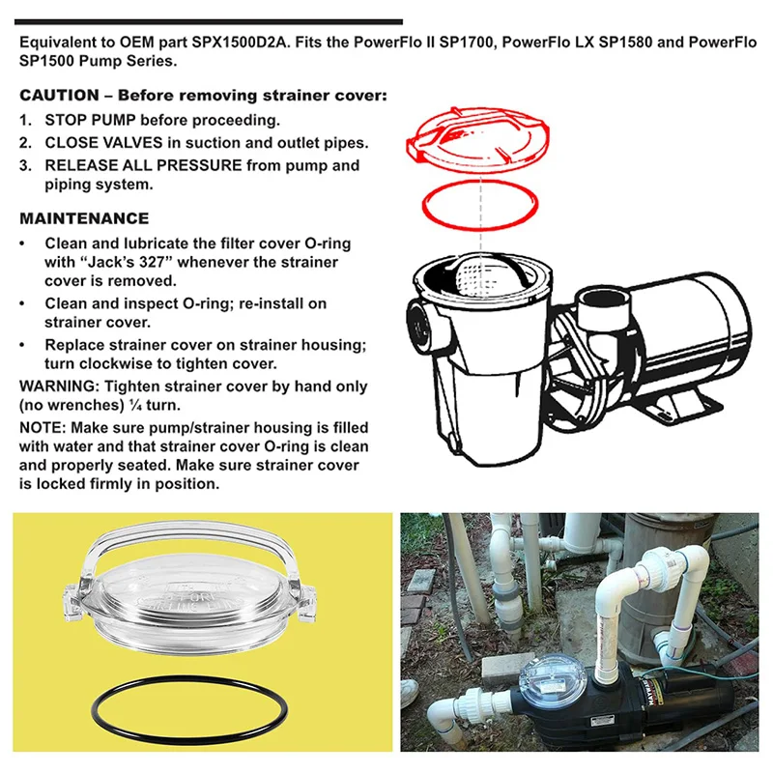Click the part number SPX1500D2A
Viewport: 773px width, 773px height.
[x=239, y=43]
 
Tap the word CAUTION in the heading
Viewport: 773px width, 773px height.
[x=59, y=95]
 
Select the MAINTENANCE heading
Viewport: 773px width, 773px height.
[x=84, y=218]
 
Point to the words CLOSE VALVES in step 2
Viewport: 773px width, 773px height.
[x=103, y=142]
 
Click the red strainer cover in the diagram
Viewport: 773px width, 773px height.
[x=477, y=139]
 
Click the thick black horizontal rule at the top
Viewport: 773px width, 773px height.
[x=209, y=21]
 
